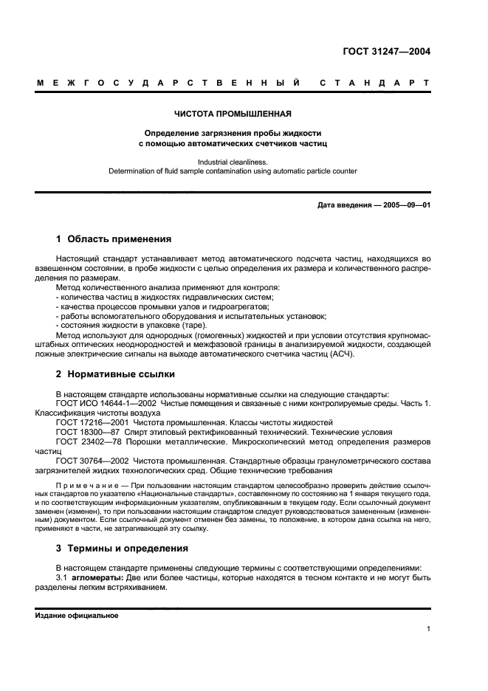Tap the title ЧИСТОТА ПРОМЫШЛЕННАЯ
pos(233,114)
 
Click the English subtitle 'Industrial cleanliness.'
pos(233,161)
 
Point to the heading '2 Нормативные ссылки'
pos(114,374)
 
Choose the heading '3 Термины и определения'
pos(122,549)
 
